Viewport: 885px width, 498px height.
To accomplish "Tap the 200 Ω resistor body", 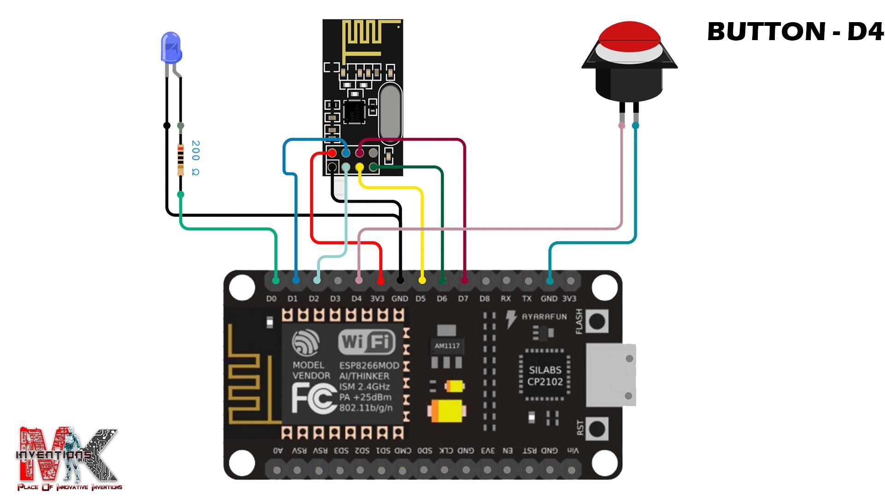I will pyautogui.click(x=181, y=160).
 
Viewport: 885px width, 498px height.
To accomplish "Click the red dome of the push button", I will pyautogui.click(x=629, y=33).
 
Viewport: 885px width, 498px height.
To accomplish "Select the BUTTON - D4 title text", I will pyautogui.click(x=795, y=32).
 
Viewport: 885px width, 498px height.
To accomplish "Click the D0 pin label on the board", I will pyautogui.click(x=271, y=299).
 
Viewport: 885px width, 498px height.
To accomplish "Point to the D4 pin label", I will pyautogui.click(x=356, y=299).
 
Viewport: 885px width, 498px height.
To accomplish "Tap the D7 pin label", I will pyautogui.click(x=463, y=299).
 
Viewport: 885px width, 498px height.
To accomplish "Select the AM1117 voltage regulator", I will pyautogui.click(x=447, y=346).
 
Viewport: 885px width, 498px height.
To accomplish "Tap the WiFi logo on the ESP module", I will pyautogui.click(x=367, y=343).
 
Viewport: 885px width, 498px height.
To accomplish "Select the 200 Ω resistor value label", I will pyautogui.click(x=195, y=158).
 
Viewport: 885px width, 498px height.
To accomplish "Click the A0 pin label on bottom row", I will pyautogui.click(x=277, y=451).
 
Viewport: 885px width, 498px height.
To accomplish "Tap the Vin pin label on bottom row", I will pyautogui.click(x=572, y=451).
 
